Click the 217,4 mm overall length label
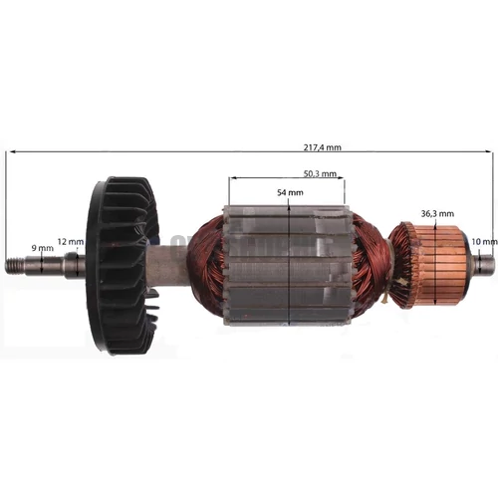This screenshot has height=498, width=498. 322,147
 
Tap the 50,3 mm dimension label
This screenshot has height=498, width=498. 320,173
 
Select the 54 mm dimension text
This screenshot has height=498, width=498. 290,192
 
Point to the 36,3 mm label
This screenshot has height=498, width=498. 437,214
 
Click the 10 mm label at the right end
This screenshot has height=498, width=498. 484,242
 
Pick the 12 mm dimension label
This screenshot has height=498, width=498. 71,242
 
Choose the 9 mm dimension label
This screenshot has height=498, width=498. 42,248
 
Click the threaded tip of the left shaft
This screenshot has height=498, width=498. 15,265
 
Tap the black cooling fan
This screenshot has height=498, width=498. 123,266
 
